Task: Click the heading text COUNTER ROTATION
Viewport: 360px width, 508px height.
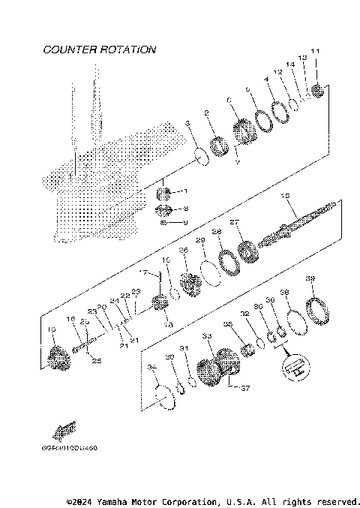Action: pos(100,50)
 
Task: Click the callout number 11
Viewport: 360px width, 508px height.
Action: pos(315,72)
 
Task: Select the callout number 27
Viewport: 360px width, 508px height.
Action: pos(234,222)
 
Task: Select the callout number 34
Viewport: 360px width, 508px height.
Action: pos(151,367)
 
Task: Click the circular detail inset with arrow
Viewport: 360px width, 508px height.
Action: pos(295,367)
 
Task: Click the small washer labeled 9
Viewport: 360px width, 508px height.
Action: pos(164,223)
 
